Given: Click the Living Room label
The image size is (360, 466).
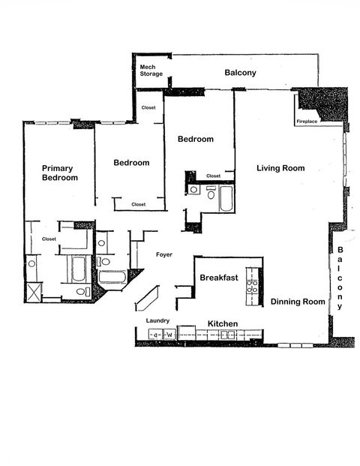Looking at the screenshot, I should [280, 168].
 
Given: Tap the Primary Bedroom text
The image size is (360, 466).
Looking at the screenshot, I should [59, 173].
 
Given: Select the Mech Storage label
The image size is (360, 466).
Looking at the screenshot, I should [151, 71].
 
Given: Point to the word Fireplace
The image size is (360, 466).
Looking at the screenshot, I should [307, 121].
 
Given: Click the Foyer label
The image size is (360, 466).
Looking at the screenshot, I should [164, 255].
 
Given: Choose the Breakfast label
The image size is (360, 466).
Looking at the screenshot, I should [219, 278].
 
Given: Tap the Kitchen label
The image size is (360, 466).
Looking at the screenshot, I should [223, 323].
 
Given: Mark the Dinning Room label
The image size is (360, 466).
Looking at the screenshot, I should [298, 302].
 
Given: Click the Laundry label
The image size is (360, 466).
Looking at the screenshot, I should [157, 320].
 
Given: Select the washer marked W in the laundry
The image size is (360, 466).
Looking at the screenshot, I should [169, 335].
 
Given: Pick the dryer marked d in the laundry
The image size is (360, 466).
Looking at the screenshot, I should [155, 335].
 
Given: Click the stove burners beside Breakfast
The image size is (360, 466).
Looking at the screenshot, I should [254, 285].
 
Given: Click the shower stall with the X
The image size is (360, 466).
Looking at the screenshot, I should [33, 291].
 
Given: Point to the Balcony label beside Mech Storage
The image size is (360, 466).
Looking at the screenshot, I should [241, 73].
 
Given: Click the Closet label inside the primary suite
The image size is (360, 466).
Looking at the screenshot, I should [49, 239].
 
